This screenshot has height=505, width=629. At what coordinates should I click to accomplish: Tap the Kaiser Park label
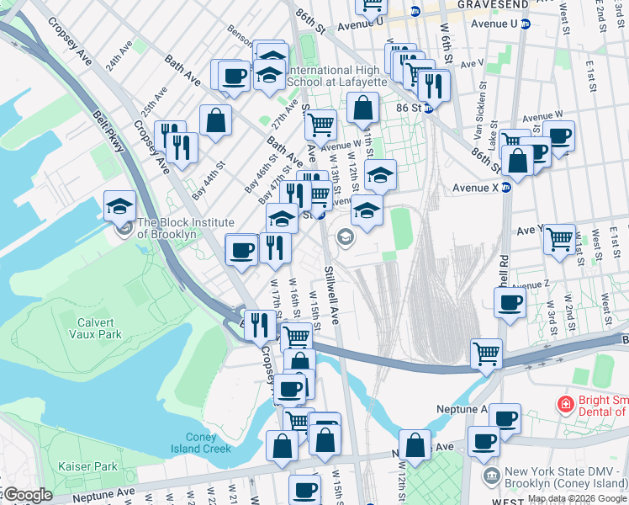pos(88,465)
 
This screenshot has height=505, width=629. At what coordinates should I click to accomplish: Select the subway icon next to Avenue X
pos(506,188)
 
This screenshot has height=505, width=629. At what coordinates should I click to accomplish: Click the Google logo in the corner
pos(28,495)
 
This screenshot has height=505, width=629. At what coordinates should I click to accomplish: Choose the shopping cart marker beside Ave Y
pos(559,239)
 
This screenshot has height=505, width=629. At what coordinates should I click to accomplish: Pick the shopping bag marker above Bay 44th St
pos(215,120)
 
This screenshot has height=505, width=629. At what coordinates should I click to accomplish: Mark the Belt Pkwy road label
pos(110,134)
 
